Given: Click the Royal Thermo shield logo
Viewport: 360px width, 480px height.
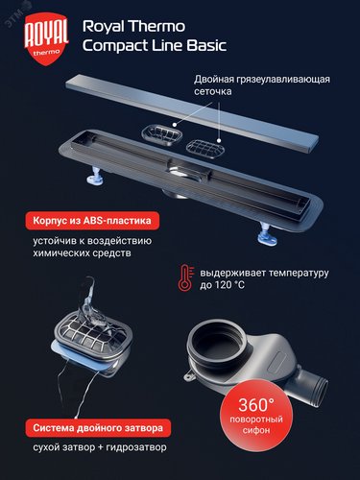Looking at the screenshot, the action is (x=46, y=39).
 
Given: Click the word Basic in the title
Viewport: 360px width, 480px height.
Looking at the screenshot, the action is (x=206, y=45).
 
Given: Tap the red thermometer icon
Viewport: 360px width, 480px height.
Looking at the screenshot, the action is (x=186, y=277).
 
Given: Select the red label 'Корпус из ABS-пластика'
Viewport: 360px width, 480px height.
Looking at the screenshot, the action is (x=92, y=221).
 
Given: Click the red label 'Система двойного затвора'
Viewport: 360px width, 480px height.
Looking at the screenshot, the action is (x=98, y=428).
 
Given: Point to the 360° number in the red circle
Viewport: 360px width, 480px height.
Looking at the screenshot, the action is (x=256, y=405).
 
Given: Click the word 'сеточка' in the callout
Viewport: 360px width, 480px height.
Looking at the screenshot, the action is (x=213, y=91).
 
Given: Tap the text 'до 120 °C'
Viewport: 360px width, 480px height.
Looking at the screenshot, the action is (x=223, y=285).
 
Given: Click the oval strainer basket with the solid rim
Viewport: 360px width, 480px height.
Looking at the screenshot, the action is (x=162, y=135).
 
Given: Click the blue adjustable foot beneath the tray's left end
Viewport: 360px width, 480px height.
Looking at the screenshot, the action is (x=96, y=176).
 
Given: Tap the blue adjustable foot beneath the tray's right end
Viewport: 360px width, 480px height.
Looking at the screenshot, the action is (x=267, y=234).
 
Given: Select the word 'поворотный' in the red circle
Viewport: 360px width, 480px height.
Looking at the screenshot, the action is (x=256, y=420).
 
